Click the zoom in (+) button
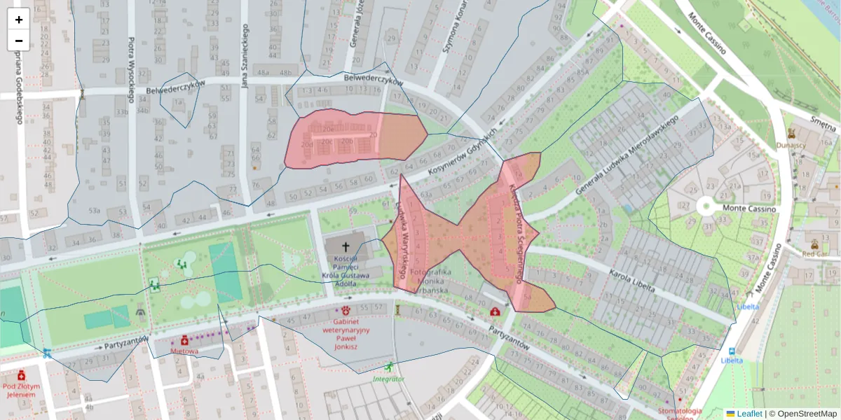coord(19,19)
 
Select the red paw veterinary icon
coord(346,310)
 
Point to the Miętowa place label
coord(184,351)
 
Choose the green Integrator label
coord(388,379)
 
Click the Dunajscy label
coord(791,146)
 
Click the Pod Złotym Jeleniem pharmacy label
coord(20,390)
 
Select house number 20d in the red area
coord(307,145)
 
